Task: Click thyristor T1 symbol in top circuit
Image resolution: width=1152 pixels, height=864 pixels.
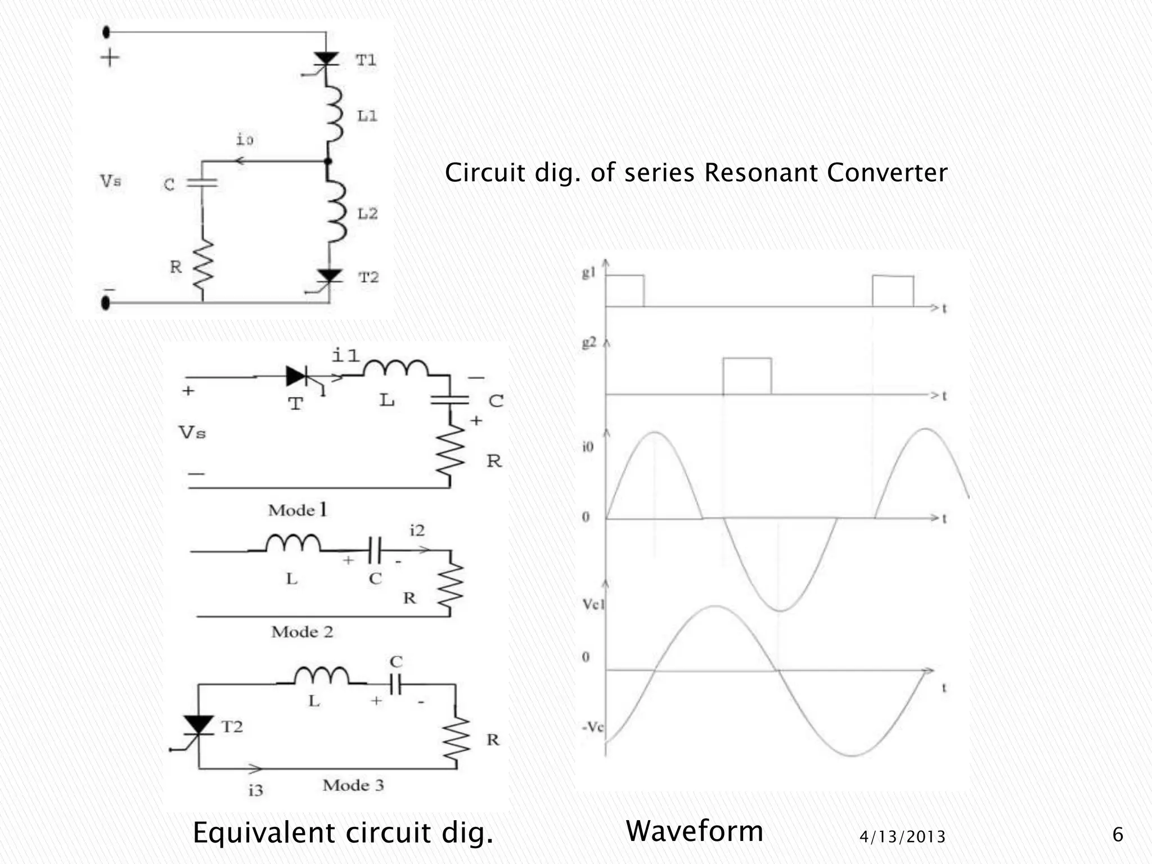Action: [326, 60]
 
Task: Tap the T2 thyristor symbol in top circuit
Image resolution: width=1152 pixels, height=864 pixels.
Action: [329, 277]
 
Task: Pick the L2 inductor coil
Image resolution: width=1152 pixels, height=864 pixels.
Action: [336, 211]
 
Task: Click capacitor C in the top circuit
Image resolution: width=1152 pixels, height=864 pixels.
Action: [201, 182]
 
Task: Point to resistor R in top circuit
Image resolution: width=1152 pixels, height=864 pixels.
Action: [202, 268]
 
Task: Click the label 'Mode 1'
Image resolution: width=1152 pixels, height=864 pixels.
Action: [297, 510]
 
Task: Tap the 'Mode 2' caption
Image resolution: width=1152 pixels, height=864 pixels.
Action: [302, 632]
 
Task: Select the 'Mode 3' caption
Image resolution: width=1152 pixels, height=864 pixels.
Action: [353, 785]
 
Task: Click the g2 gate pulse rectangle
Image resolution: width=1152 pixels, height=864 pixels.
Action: [746, 376]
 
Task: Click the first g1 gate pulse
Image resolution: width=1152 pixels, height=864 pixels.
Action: [624, 290]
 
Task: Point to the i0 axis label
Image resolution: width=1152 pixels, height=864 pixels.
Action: [587, 447]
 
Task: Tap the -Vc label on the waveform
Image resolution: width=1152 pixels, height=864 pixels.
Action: [592, 727]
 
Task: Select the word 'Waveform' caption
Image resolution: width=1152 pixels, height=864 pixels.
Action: [694, 831]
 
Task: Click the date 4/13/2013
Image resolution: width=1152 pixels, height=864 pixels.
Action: [902, 837]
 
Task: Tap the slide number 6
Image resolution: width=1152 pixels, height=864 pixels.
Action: [1118, 834]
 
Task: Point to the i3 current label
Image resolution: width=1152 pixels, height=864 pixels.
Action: [255, 790]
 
